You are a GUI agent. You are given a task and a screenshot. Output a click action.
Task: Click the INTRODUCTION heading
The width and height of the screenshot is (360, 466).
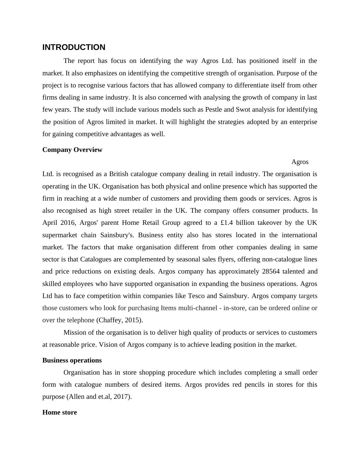pyautogui.click(x=74, y=48)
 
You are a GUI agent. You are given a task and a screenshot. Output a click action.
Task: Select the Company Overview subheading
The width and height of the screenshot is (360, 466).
pyautogui.click(x=72, y=150)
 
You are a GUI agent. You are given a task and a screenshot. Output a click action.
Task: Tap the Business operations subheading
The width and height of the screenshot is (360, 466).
pyautogui.click(x=72, y=360)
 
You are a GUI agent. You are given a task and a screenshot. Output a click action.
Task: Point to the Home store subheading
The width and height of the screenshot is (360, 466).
pyautogui.click(x=60, y=412)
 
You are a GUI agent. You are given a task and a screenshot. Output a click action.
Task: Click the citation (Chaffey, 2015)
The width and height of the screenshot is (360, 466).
pyautogui.click(x=119, y=320)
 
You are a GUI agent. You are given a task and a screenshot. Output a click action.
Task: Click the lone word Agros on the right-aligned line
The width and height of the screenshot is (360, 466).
pyautogui.click(x=300, y=162)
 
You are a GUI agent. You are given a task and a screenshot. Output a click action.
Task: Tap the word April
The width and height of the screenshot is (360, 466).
pyautogui.click(x=50, y=223)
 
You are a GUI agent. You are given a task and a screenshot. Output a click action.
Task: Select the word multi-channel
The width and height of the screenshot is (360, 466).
pyautogui.click(x=197, y=308)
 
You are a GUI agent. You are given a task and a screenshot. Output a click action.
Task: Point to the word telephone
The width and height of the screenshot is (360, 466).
pyautogui.click(x=80, y=320)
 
